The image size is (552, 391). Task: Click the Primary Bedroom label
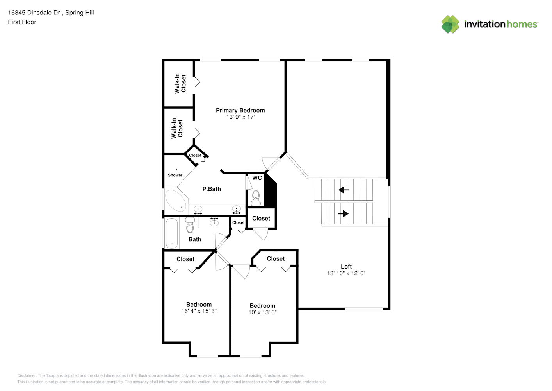click(240, 110)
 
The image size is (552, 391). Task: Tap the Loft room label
click(346, 267)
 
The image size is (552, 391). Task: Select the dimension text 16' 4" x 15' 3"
click(199, 311)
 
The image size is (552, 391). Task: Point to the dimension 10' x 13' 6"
click(262, 312)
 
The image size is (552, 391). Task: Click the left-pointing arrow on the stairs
click(344, 190)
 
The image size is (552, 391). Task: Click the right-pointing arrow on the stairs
click(343, 214)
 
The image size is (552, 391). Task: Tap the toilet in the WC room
click(256, 198)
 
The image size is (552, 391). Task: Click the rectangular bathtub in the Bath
click(171, 233)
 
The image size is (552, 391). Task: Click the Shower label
click(175, 175)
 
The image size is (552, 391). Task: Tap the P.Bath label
click(212, 189)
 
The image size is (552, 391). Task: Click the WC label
click(257, 178)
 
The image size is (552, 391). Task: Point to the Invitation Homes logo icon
click(450, 24)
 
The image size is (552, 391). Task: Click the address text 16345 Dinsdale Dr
click(34, 13)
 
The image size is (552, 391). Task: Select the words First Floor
click(22, 22)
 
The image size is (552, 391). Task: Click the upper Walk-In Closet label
click(180, 83)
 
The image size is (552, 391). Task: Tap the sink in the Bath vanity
click(214, 222)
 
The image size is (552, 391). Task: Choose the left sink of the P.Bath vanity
click(198, 210)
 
